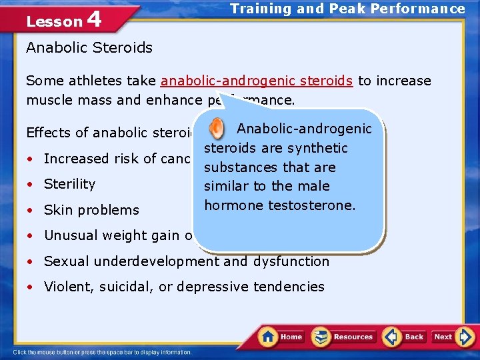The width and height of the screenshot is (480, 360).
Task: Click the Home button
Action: click(281, 337)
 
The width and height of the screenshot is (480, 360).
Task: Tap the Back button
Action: click(405, 337)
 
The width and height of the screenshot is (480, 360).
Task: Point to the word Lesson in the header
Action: click(53, 21)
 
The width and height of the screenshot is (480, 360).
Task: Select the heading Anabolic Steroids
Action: click(89, 48)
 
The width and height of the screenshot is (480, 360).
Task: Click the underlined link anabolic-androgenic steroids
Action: click(257, 81)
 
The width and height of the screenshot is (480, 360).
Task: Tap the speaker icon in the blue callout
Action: click(217, 128)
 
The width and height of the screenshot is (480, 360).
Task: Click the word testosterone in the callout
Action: click(312, 205)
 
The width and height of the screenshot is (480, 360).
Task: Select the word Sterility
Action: click(70, 184)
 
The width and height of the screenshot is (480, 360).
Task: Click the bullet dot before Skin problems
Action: click(31, 211)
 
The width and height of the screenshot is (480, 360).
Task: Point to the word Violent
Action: click(65, 287)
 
